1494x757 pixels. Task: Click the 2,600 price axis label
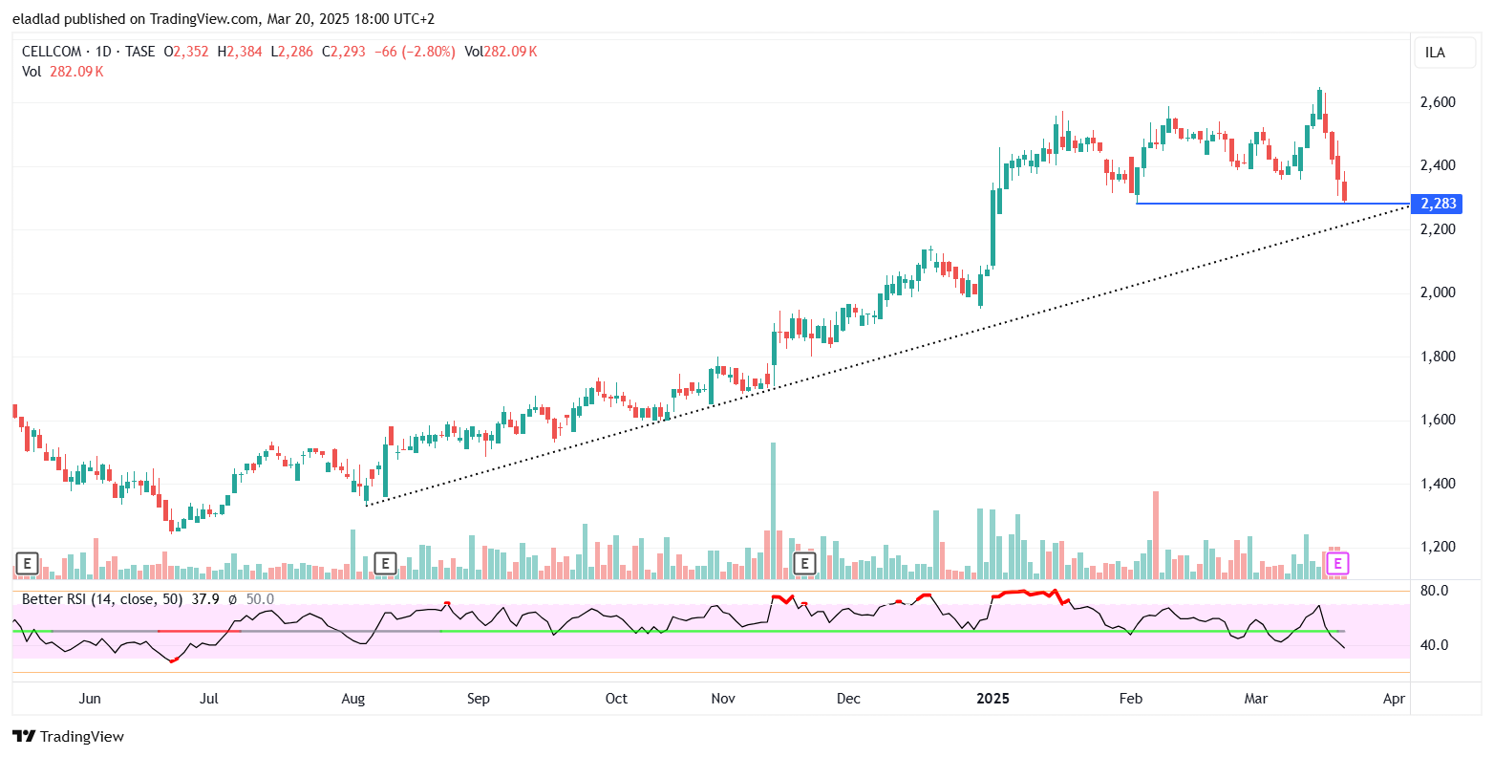click(1437, 102)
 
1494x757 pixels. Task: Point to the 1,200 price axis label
click(1437, 548)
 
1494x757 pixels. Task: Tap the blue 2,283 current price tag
click(1437, 204)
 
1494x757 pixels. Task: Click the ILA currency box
click(1435, 53)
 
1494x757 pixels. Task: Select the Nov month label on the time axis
click(723, 699)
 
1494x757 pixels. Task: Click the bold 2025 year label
click(992, 699)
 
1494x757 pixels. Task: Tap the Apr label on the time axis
click(1394, 699)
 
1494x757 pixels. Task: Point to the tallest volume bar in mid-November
click(773, 510)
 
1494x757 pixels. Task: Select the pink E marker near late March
click(1338, 563)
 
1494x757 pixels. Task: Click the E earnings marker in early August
click(385, 563)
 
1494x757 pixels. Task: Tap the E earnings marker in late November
click(804, 563)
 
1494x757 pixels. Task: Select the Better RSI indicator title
click(57, 599)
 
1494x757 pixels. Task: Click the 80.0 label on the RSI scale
click(1432, 591)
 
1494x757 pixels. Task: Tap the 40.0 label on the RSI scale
click(1432, 645)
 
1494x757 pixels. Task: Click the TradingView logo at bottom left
click(69, 736)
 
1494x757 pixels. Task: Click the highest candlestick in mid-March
click(1319, 105)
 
